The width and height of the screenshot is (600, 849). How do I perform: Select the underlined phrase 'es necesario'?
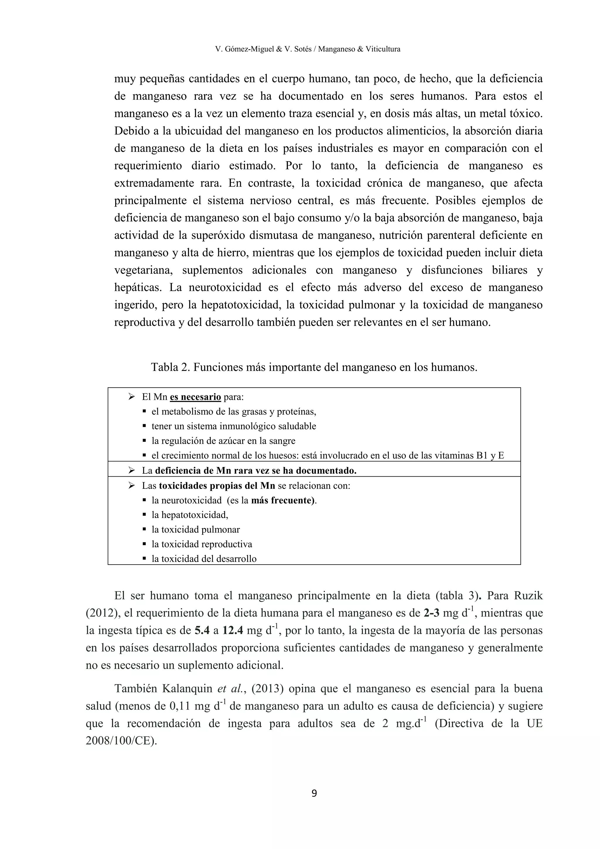(x=195, y=397)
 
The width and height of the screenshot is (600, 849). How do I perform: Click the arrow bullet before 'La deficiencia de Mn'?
(x=131, y=471)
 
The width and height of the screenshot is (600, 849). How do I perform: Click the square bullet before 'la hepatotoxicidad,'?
(x=145, y=515)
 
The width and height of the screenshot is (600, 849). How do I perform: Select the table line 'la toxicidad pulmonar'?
(x=195, y=529)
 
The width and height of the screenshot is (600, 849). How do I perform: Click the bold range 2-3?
(x=431, y=613)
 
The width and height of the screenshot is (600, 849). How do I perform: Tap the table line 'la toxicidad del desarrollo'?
(x=204, y=559)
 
